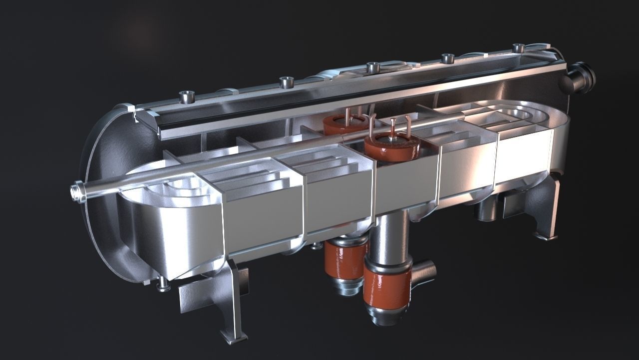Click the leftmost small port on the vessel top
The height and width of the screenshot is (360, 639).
pos(188,96)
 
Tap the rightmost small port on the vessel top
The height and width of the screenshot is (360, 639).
pos(519,48)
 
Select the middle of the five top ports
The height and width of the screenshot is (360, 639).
pos(372,67)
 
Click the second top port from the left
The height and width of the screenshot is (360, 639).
pos(286,81)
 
